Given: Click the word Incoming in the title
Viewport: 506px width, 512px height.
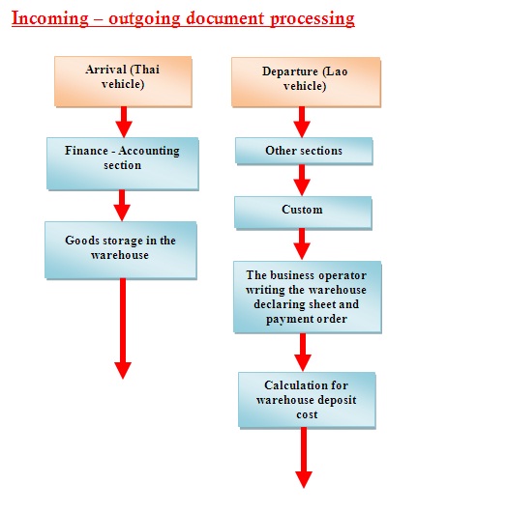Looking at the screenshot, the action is tap(50, 18).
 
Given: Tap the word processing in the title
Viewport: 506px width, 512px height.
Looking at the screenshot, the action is tap(313, 19).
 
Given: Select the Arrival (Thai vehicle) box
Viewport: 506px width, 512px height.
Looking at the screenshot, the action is tap(123, 81).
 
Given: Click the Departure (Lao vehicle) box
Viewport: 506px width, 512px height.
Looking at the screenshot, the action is tap(306, 82).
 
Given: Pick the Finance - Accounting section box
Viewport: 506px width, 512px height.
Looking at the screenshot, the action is tap(122, 163).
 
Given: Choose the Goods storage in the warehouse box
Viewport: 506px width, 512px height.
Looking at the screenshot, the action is tap(121, 250).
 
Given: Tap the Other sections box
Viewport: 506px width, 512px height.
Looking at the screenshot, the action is tap(304, 151).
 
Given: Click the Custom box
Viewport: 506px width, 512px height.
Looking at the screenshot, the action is tap(303, 213).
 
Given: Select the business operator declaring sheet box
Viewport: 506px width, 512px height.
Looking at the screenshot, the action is tap(307, 297).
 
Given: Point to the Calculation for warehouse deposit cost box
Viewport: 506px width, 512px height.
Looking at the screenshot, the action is tap(307, 400).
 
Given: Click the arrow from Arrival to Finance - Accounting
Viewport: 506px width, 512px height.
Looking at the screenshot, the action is tap(124, 122).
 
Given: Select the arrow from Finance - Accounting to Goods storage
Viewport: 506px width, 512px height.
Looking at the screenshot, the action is tap(122, 206).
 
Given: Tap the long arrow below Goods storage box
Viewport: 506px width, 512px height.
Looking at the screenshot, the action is tap(123, 328).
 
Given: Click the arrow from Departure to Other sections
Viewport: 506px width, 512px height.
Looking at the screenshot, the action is tap(302, 122).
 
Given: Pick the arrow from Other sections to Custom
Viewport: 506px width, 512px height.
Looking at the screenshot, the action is tap(302, 180).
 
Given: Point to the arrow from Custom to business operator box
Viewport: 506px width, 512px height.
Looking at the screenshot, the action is tap(302, 243).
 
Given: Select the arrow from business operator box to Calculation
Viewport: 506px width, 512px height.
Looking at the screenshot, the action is tap(303, 352).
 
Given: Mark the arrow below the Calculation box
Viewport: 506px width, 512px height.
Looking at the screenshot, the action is tap(304, 458).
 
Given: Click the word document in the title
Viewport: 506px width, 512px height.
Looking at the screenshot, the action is tap(225, 18).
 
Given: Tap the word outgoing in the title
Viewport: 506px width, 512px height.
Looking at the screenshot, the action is tap(144, 19).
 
